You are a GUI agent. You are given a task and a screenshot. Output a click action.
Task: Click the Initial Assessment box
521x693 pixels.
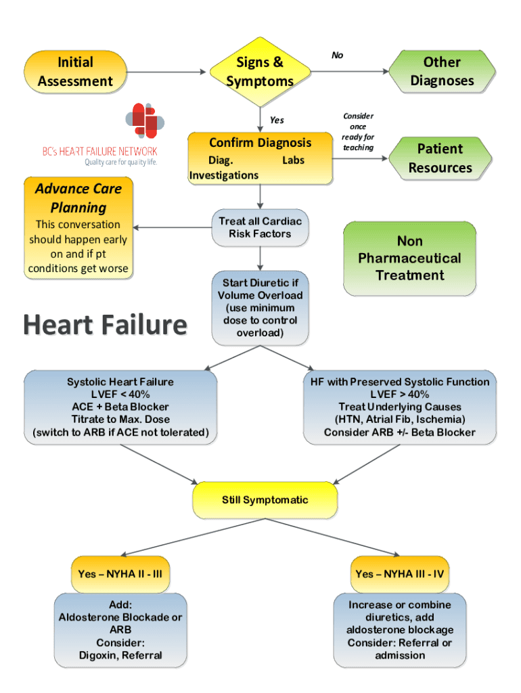point(75,72)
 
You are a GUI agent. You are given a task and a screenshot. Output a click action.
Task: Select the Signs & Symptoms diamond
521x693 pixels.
point(260,72)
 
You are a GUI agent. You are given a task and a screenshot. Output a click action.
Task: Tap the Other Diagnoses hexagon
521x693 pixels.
point(442,72)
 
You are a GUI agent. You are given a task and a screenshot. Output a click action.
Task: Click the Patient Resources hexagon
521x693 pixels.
point(440,158)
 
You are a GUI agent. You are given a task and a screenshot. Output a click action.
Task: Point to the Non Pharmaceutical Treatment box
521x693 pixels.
point(409,258)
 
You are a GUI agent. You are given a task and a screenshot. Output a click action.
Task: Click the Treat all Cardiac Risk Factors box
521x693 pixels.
point(260,227)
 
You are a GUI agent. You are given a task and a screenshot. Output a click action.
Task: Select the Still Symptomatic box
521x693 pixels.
point(265,500)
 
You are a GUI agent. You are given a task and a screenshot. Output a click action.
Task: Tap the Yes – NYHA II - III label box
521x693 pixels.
point(120,574)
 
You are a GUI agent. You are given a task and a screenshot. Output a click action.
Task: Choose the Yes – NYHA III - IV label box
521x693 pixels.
point(400,574)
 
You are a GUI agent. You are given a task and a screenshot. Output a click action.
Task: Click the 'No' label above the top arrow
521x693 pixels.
point(337,55)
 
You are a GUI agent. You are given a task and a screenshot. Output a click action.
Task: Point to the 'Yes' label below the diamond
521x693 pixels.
point(277,120)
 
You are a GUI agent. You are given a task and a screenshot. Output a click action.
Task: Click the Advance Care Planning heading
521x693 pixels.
point(74,198)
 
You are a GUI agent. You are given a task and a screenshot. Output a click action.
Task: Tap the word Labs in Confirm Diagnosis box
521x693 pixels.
point(293,160)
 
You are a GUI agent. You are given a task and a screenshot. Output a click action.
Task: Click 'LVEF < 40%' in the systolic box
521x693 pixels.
point(120,395)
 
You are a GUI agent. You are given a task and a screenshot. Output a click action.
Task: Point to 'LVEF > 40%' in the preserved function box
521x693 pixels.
point(399,395)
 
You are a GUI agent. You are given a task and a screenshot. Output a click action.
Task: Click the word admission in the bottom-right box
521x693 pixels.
point(400,655)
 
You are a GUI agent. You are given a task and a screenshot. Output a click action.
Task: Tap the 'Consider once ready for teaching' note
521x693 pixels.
point(358,132)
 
